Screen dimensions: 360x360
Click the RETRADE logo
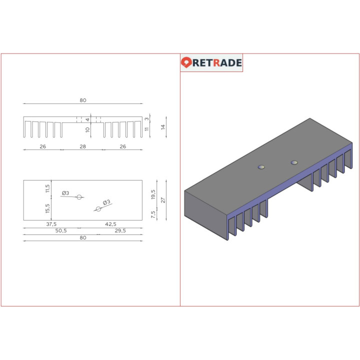(x=211, y=62)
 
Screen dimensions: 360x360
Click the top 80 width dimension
(x=83, y=100)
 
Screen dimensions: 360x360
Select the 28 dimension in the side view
(x=83, y=146)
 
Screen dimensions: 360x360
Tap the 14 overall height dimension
(x=163, y=127)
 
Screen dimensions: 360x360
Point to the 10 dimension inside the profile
(x=87, y=130)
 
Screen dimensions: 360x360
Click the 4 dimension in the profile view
(x=87, y=119)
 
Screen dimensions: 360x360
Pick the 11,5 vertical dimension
(x=48, y=188)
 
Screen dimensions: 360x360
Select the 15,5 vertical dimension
(x=48, y=207)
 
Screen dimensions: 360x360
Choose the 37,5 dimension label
(x=51, y=224)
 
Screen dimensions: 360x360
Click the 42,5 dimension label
(x=110, y=224)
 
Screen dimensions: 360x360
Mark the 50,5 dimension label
(x=60, y=230)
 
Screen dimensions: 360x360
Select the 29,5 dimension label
(x=120, y=230)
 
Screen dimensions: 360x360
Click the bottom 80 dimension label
(x=83, y=237)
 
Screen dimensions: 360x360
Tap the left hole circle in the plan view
(x=79, y=197)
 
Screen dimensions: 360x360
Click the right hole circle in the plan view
(x=98, y=208)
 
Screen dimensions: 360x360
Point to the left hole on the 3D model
(x=260, y=166)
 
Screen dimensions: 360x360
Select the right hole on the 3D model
(x=294, y=162)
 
